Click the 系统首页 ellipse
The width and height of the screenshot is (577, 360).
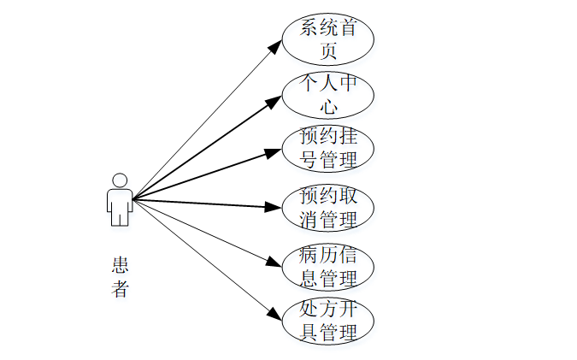pyautogui.click(x=328, y=38)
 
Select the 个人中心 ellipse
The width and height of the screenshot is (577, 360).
pyautogui.click(x=328, y=95)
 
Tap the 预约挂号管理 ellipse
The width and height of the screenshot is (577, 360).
pyautogui.click(x=328, y=149)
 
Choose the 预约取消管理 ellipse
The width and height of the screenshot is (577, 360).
pyautogui.click(x=328, y=207)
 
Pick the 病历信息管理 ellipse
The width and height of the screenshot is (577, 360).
pyautogui.click(x=328, y=266)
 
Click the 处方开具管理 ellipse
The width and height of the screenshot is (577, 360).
pyautogui.click(x=328, y=321)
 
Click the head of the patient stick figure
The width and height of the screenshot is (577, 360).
pyautogui.click(x=120, y=180)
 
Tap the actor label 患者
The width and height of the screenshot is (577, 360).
pyautogui.click(x=120, y=276)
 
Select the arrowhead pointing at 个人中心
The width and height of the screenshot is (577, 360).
pyautogui.click(x=274, y=103)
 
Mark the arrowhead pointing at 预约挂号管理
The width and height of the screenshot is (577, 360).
pyautogui.click(x=274, y=153)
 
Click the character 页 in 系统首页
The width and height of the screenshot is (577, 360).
pyautogui.click(x=328, y=50)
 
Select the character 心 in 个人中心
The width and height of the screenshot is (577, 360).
pyautogui.click(x=328, y=107)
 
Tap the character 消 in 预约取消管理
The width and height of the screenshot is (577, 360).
pyautogui.click(x=309, y=219)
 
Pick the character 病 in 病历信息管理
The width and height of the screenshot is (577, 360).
pyautogui.click(x=309, y=255)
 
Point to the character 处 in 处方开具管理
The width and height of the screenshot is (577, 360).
pyautogui.click(x=309, y=310)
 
